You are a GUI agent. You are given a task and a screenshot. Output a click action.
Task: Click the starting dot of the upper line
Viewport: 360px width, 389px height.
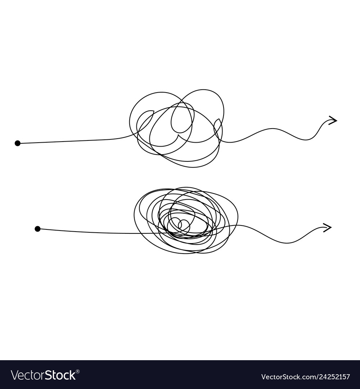coord(17,143)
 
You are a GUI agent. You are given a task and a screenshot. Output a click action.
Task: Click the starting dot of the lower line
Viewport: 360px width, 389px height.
coord(37,229)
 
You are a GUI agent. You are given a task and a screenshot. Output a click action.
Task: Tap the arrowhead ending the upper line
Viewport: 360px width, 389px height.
coord(332,121)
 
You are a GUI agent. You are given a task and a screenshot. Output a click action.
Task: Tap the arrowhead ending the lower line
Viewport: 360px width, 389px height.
coord(327,227)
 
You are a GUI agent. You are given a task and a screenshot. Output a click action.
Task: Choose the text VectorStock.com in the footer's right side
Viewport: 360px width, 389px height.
coord(285,377)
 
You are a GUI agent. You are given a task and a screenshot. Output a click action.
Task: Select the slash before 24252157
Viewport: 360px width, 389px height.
coord(312,377)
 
